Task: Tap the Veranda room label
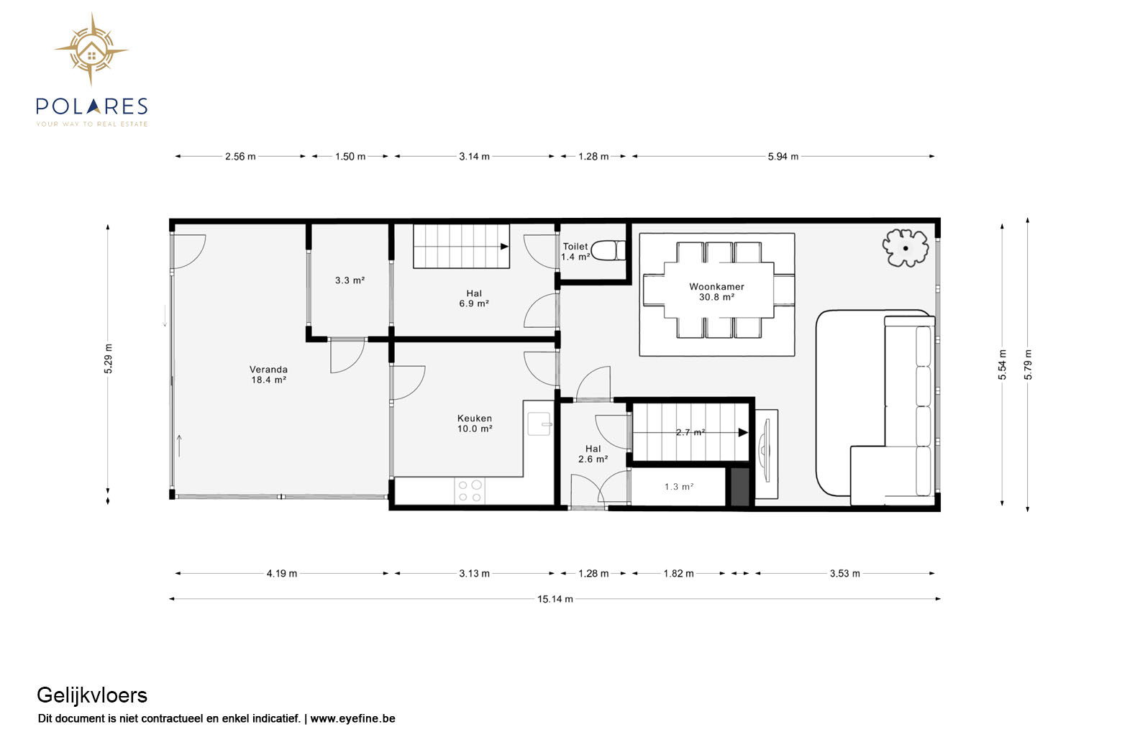click(268, 370)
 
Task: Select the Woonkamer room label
click(716, 286)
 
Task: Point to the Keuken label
click(474, 418)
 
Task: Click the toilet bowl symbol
click(608, 250)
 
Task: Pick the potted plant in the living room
click(906, 248)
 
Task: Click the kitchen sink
click(539, 424)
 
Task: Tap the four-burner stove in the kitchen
click(470, 490)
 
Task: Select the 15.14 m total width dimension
click(555, 599)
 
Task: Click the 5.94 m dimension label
click(783, 157)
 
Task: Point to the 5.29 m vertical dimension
click(109, 359)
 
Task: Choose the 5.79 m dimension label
click(1028, 365)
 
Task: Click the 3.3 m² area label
click(350, 280)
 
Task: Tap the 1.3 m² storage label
click(679, 487)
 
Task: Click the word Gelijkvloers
click(92, 695)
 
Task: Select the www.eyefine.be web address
click(352, 718)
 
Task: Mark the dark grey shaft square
click(740, 487)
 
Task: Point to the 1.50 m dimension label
click(350, 157)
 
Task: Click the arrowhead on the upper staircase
click(505, 246)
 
